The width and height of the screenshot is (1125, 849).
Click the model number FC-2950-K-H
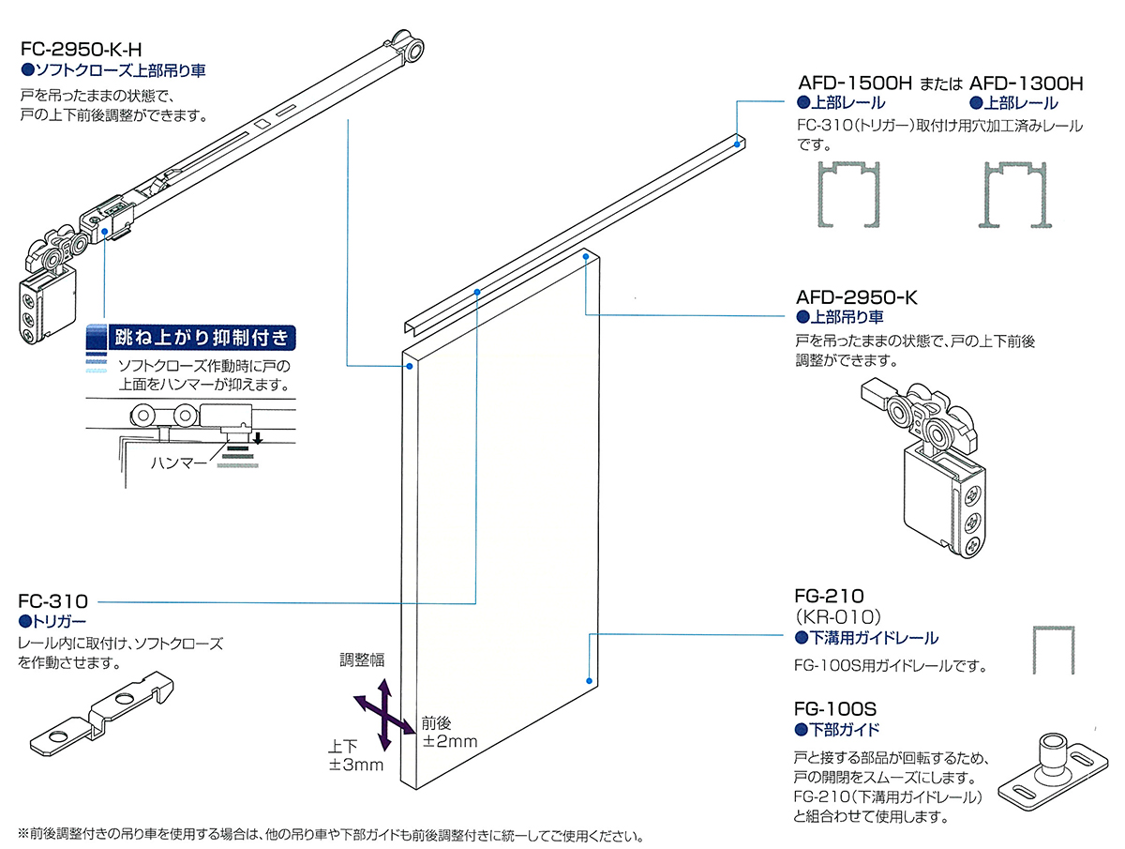click(x=81, y=49)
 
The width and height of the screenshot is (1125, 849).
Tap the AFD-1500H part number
click(x=855, y=83)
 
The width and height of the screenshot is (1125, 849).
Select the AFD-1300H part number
click(x=1026, y=83)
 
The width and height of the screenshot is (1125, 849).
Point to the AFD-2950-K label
click(x=856, y=297)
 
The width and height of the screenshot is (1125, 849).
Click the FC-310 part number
click(x=52, y=600)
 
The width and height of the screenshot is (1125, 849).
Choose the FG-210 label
click(x=829, y=596)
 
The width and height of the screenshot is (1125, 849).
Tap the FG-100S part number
click(x=835, y=709)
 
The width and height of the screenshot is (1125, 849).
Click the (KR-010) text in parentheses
click(x=837, y=616)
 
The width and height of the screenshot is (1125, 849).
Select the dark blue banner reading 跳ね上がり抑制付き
click(x=202, y=338)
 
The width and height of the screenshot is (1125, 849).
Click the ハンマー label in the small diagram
click(x=179, y=462)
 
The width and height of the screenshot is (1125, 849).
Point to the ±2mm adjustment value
click(x=450, y=741)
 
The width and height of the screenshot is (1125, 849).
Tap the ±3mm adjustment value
click(x=355, y=765)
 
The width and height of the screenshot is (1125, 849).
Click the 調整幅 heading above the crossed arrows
click(x=362, y=659)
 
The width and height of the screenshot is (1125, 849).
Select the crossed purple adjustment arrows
click(x=385, y=716)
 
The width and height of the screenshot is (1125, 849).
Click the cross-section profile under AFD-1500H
click(x=848, y=195)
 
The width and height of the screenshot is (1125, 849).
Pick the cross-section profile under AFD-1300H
click(x=1014, y=195)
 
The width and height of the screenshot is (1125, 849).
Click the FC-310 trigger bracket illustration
click(x=101, y=714)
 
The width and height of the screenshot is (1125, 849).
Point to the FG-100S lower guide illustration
click(x=1053, y=772)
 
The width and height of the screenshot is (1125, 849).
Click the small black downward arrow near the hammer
click(x=259, y=437)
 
